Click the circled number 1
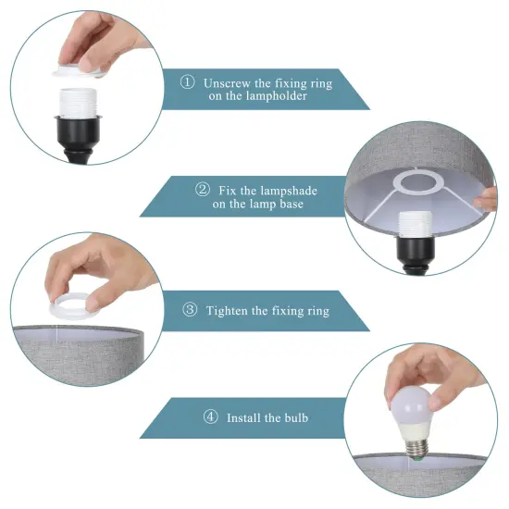187,83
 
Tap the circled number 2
202,190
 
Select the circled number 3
190,311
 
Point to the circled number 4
210,418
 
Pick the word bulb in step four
296,418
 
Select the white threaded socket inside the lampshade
413,226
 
